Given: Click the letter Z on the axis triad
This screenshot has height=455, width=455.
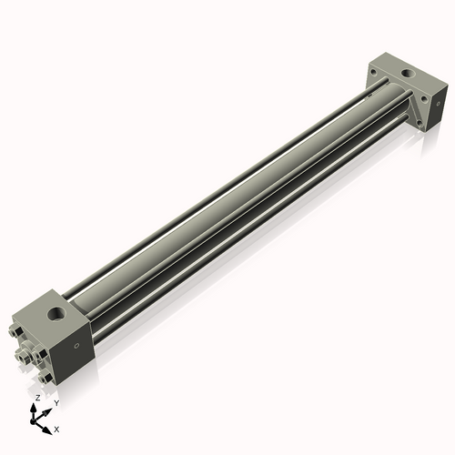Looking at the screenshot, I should [36, 399].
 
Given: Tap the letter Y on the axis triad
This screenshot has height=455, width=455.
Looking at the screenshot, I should [56, 402].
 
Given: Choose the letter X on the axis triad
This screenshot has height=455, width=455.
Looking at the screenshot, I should [56, 428].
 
